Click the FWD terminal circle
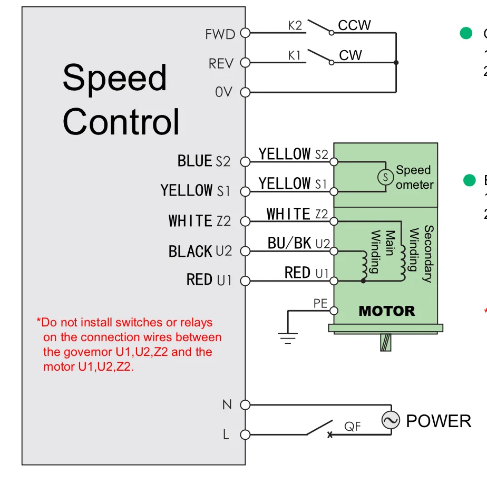pos(245,33)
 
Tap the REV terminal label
pos(221,64)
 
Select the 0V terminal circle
pos(245,92)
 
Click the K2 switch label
pos(295,25)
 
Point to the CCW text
pos(354,25)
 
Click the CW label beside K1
pos(350,55)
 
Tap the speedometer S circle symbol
pos(386,177)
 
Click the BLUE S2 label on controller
pos(203,161)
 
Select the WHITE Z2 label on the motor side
pos(297,214)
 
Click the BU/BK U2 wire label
pos(298,243)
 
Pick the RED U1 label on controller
pos(209,279)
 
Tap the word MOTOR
pos(387,311)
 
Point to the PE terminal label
pos(320,303)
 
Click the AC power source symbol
pos(391,420)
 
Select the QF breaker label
pos(353,426)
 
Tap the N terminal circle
pos(245,405)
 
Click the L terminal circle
pos(245,434)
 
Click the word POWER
pos(439,421)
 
